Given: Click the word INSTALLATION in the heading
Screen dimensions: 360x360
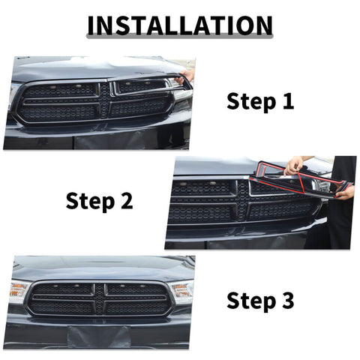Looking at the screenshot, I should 179,25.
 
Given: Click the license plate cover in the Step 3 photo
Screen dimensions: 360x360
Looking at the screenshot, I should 98,336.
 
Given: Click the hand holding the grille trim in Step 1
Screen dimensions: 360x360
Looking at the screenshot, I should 187,76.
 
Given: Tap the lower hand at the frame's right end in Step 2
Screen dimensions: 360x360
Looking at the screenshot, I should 346,193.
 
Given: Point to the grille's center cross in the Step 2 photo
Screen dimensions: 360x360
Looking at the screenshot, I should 244,199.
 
